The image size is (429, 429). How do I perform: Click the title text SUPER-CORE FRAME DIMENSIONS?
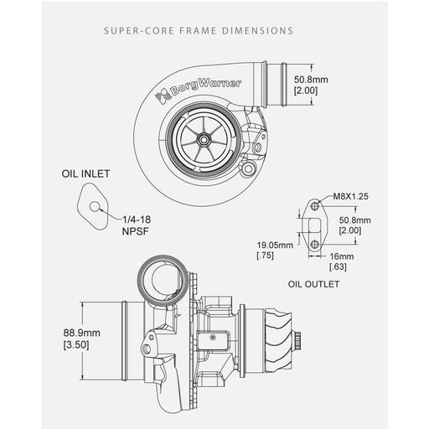point(198,31)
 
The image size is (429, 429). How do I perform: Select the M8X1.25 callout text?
point(350,198)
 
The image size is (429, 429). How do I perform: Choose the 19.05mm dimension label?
point(274,247)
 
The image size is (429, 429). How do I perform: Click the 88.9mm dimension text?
point(81,332)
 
